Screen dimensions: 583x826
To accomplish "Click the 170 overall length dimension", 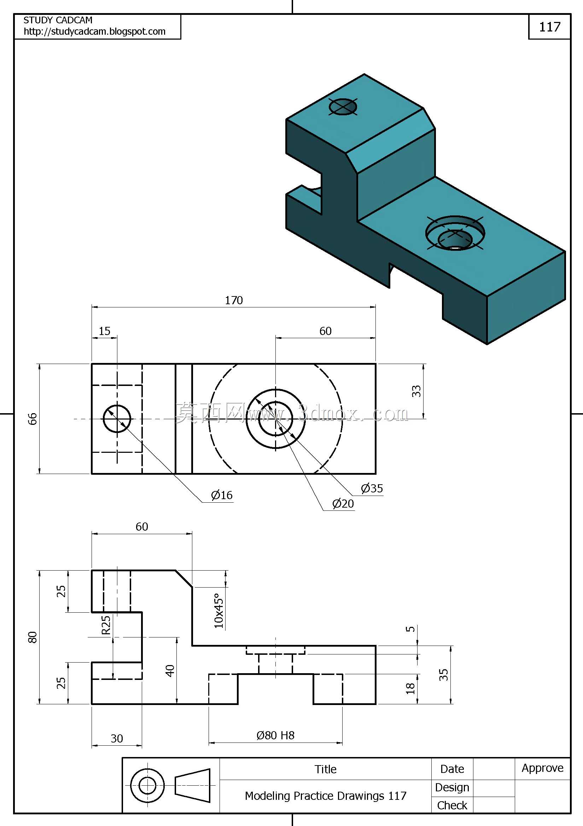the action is (x=234, y=300).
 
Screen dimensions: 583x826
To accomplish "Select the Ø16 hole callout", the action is (x=222, y=495).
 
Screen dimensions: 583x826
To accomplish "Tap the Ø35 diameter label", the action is (x=372, y=488).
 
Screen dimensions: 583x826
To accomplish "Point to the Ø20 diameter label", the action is (x=343, y=504).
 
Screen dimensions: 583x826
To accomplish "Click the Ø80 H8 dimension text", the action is (x=275, y=735).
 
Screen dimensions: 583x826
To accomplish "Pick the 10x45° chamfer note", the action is (x=219, y=611).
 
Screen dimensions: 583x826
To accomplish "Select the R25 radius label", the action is (x=106, y=625).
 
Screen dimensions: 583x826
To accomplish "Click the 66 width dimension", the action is (x=33, y=419).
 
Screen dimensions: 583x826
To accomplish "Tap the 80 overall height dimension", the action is (x=33, y=637).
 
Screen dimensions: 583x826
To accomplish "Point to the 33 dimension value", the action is (x=416, y=391).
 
